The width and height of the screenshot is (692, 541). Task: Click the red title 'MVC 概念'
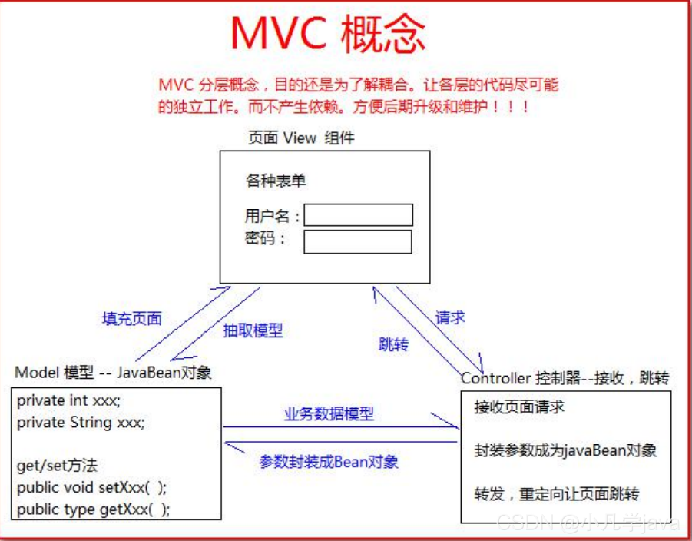click(328, 35)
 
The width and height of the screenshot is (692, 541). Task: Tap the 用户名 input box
click(358, 215)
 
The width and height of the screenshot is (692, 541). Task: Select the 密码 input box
click(358, 241)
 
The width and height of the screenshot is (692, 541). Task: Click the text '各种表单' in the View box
click(276, 181)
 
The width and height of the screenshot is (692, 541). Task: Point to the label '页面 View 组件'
click(301, 138)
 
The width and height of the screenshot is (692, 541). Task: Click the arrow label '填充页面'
click(132, 317)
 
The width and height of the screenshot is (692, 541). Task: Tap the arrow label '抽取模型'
click(253, 330)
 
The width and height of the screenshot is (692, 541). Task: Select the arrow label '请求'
click(450, 317)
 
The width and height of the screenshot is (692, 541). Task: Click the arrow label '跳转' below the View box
click(393, 344)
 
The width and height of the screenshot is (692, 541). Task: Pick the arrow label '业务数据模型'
click(329, 414)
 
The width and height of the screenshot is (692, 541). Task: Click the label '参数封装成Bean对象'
click(329, 462)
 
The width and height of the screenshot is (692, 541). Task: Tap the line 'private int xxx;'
click(69, 400)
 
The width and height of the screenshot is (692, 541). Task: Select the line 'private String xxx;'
click(81, 422)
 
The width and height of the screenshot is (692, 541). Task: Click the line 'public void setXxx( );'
click(91, 487)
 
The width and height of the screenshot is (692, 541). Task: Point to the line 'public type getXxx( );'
click(94, 509)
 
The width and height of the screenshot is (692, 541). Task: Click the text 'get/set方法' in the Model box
click(57, 466)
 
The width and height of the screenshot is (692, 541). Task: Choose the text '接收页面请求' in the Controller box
click(519, 407)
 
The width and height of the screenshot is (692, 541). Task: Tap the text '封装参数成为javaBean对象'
click(565, 450)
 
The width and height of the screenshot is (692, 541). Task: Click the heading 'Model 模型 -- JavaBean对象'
click(114, 373)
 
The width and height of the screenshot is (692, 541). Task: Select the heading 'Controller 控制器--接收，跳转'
click(565, 378)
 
